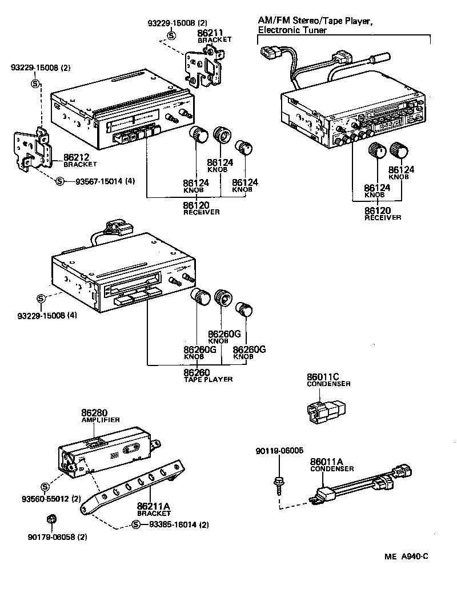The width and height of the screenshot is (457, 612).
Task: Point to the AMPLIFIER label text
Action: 100,419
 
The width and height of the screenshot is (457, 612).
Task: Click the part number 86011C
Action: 323,376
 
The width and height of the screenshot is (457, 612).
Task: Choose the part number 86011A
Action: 326,462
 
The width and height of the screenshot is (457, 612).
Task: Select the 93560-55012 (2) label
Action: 53,499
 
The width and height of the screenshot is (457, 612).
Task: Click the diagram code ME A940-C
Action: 406,556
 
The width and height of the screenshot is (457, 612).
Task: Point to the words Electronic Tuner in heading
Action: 292,30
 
